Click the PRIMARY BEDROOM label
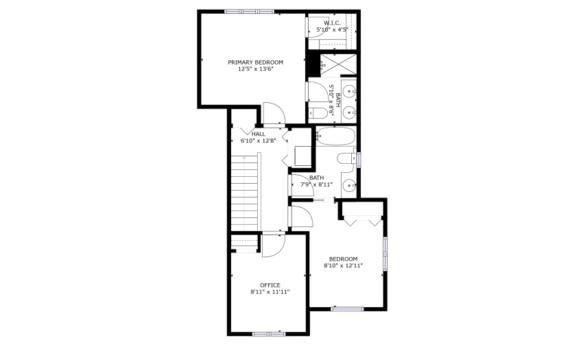tap(255, 62)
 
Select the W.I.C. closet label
tap(332, 23)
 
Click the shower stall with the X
tap(338, 65)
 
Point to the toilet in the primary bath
tap(318, 112)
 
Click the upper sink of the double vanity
tap(348, 91)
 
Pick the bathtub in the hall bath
tap(335, 136)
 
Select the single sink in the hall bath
tap(349, 184)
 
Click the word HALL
tap(259, 134)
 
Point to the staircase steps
tap(244, 192)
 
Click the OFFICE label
tap(270, 285)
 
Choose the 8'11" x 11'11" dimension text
tap(270, 292)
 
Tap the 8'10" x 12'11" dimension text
tap(343, 265)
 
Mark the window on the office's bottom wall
tap(269, 334)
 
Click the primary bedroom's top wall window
tap(249, 12)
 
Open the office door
tap(273, 245)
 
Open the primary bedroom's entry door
tap(274, 113)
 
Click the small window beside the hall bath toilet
tap(359, 159)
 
